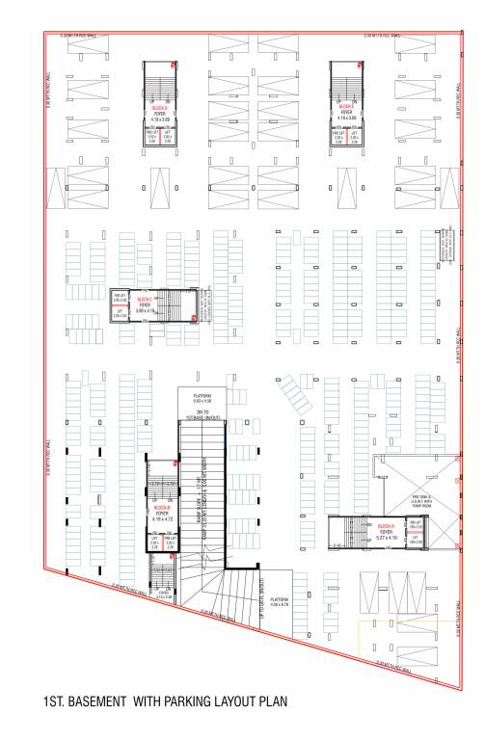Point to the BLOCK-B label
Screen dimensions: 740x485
(x=162, y=508)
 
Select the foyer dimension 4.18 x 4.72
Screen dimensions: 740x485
(x=162, y=521)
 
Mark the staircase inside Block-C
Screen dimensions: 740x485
(x=180, y=306)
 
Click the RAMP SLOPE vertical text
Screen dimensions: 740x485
(x=209, y=501)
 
